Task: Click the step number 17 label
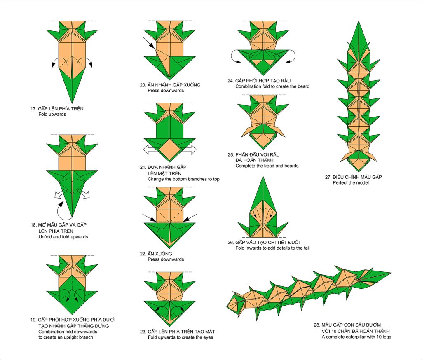(x=33, y=109)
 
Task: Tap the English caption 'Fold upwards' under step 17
(x=52, y=115)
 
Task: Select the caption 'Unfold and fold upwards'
(x=63, y=237)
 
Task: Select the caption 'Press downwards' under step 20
(x=166, y=91)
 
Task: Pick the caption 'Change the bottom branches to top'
(x=183, y=179)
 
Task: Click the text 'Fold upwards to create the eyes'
(x=181, y=337)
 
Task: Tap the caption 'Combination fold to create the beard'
(x=272, y=86)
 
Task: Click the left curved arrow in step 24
(x=233, y=57)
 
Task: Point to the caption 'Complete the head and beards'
(x=267, y=166)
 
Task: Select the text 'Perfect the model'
(x=351, y=183)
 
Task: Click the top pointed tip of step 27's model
(x=359, y=21)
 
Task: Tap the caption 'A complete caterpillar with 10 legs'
(x=356, y=337)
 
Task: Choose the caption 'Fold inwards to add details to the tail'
(x=272, y=248)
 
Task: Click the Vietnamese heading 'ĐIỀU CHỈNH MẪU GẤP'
(x=357, y=177)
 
